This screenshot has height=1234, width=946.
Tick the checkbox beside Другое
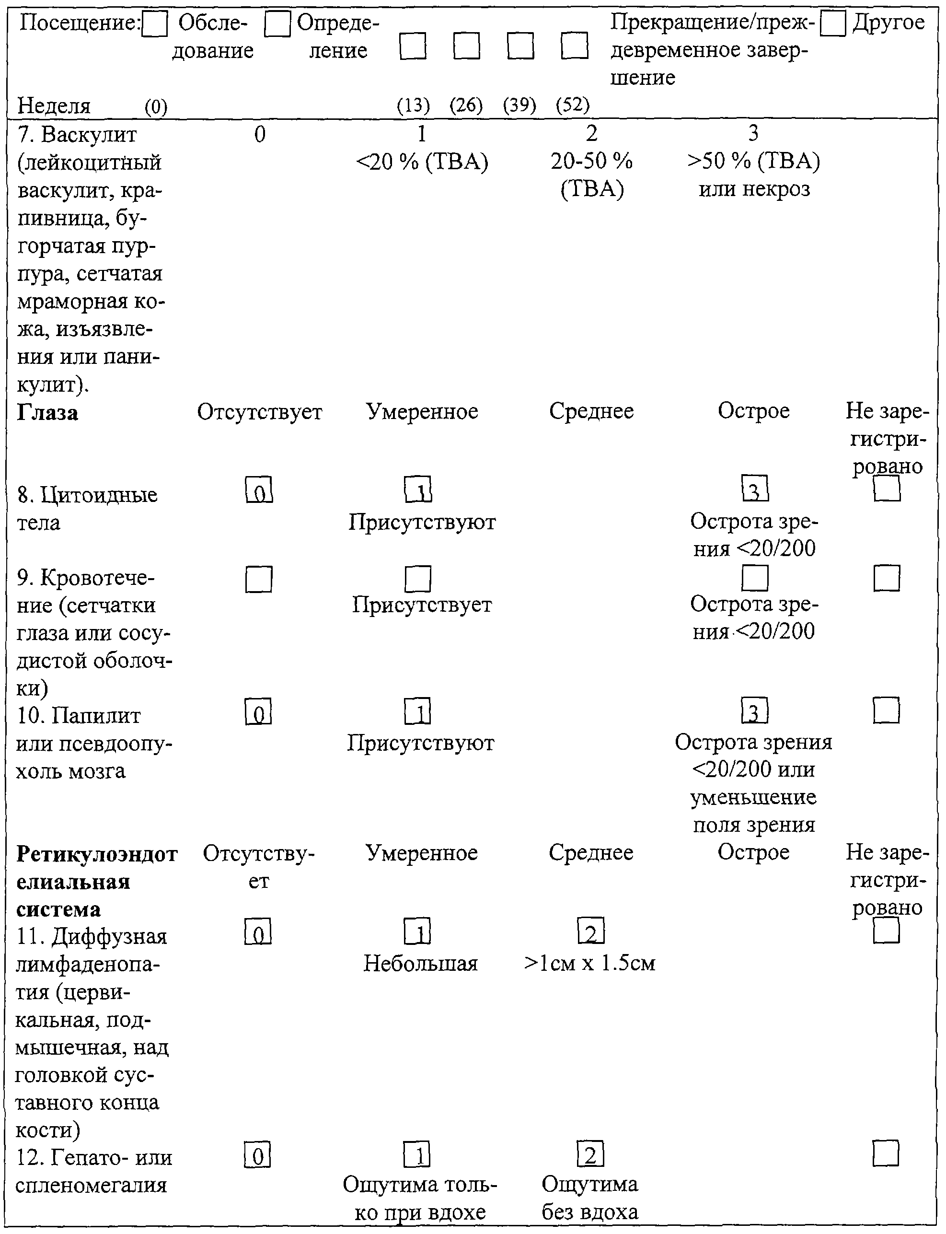coord(833,23)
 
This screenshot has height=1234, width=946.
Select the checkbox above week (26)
coord(467,46)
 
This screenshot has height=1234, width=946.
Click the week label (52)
coord(573,105)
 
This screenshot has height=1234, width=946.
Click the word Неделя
coord(54,105)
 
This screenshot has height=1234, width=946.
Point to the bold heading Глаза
coord(47,412)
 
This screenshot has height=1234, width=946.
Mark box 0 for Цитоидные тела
coord(259,489)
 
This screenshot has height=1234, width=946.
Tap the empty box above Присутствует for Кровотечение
coord(418,579)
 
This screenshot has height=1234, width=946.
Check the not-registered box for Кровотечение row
coord(887,579)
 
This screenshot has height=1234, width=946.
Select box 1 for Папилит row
coord(417,711)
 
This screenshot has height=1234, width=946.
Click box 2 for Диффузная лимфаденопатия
coord(591,931)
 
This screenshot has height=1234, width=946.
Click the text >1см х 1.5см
coord(589,963)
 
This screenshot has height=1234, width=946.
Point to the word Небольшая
coord(421,963)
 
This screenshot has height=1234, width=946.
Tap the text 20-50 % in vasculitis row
coord(592,161)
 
